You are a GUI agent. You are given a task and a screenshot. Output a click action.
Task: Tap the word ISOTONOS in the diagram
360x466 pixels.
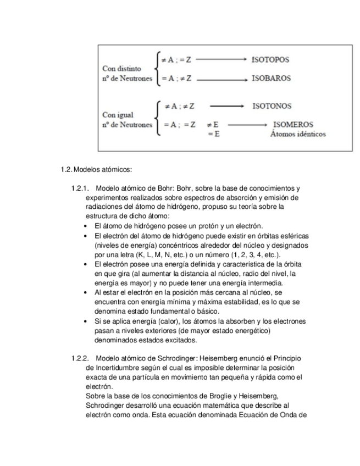(x=272, y=105)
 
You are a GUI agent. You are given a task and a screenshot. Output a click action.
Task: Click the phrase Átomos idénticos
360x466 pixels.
(x=298, y=134)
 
